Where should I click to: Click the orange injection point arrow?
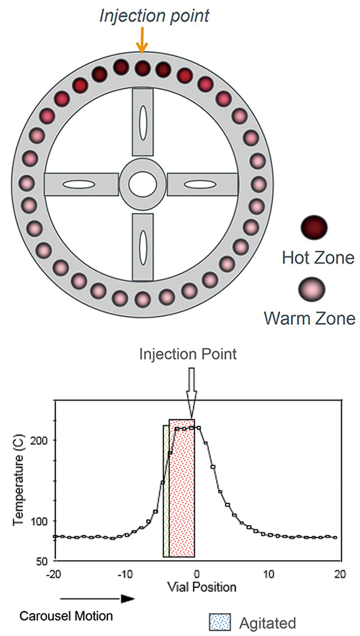[x=141, y=41]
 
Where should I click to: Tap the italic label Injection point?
[x=154, y=15]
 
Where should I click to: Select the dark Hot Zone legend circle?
[x=313, y=227]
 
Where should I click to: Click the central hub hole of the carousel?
[x=143, y=184]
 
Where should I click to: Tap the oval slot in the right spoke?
[x=202, y=184]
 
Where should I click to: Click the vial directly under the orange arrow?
[x=142, y=68]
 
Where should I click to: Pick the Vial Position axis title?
[x=198, y=587]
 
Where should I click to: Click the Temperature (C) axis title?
[x=18, y=481]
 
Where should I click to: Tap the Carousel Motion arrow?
[x=97, y=599]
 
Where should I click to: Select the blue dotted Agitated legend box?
[x=220, y=622]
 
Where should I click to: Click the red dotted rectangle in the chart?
[x=181, y=488]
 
